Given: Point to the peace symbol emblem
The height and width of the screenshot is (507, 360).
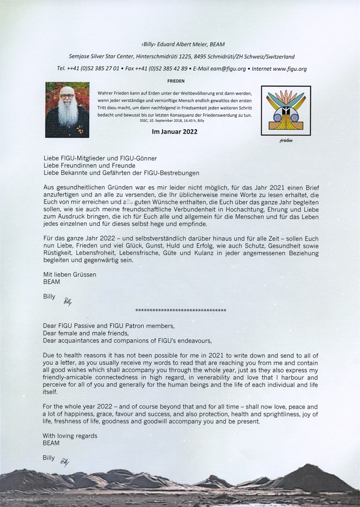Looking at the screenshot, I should [286, 110].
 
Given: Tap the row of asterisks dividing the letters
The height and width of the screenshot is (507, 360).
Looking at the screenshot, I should [181, 310].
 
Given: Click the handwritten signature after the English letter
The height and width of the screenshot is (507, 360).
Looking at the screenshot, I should [64, 461].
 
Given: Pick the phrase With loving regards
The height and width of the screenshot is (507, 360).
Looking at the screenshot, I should [70, 436].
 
